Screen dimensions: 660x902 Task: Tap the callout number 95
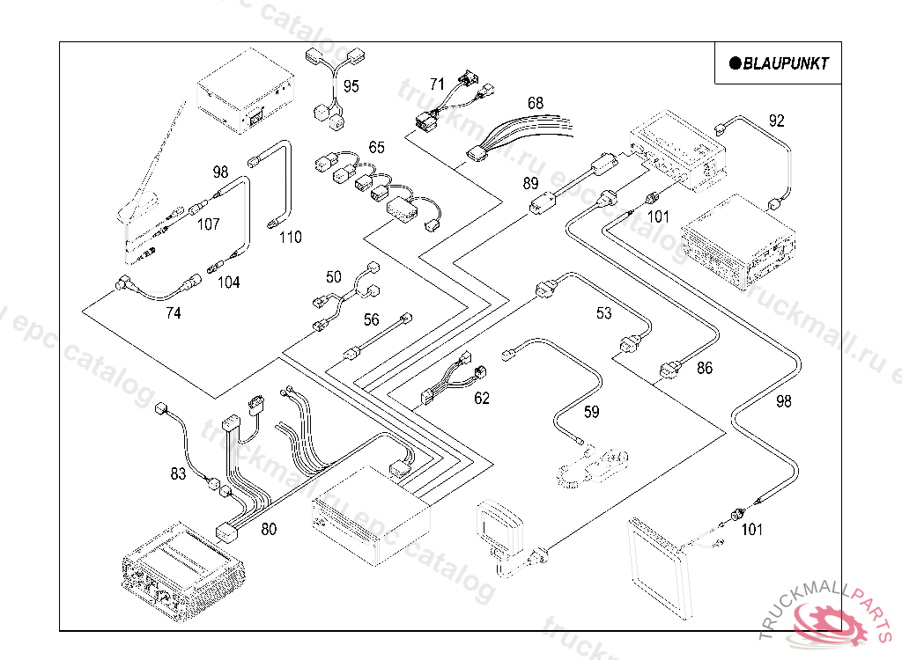pos(351,86)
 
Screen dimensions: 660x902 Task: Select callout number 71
pos(438,84)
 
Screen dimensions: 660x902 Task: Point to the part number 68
pos(536,103)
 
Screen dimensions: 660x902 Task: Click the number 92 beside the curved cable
pos(776,121)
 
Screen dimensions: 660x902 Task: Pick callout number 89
pos(530,183)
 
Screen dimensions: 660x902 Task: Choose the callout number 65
pos(376,147)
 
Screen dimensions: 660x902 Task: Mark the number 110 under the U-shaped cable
pos(290,237)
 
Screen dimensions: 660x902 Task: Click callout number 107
pos(208,224)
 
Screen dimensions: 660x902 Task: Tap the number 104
pos(228,282)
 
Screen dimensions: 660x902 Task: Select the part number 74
pos(174,312)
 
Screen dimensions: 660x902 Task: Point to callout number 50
pos(333,277)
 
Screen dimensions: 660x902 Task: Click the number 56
pos(372,320)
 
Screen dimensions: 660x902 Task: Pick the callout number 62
pos(482,398)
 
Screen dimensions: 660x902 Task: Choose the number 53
pos(603,313)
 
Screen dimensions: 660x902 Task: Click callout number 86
pos(705,369)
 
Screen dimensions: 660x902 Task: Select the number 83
pos(178,474)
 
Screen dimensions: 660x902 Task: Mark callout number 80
pos(269,529)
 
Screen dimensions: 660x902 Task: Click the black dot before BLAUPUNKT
pos(734,63)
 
